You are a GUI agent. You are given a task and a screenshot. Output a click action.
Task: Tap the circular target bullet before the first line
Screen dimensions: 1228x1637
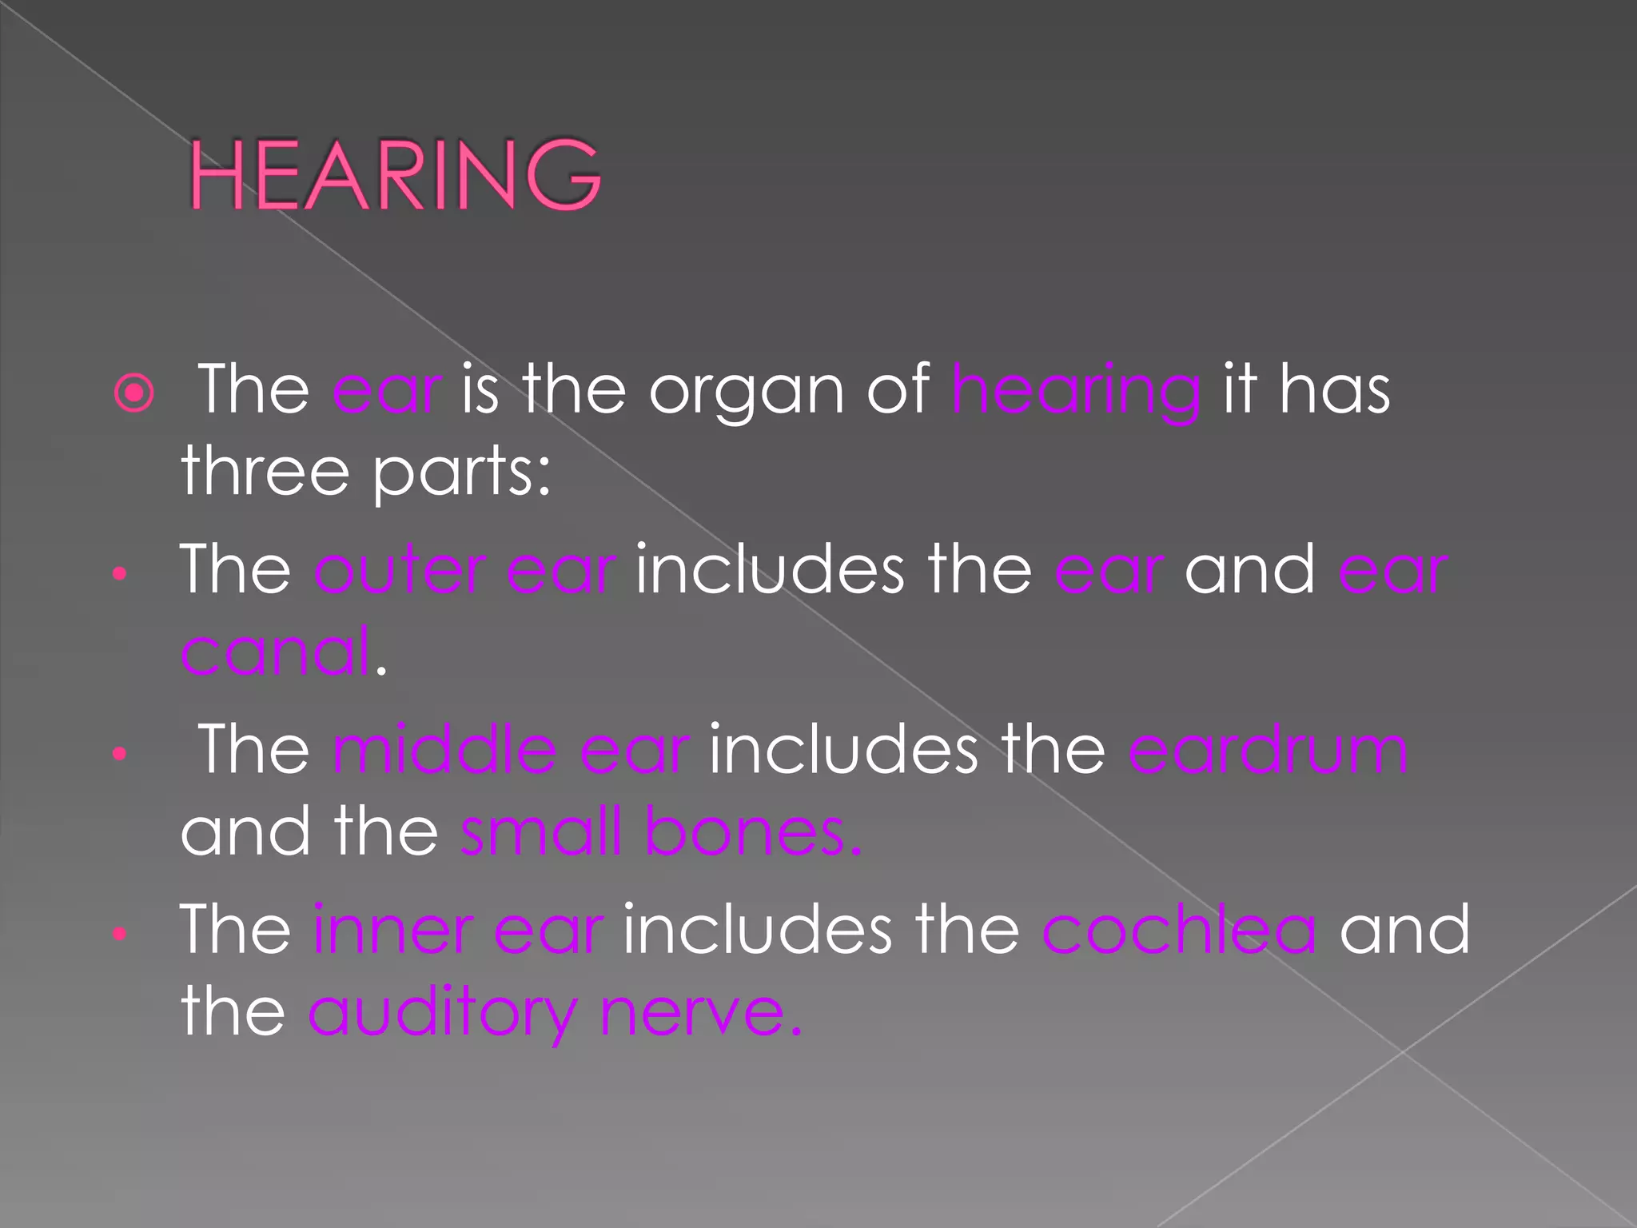point(134,392)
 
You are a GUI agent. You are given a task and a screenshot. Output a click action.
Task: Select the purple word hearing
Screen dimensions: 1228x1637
point(1075,392)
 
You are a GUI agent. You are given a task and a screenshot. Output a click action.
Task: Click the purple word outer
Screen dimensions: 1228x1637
point(400,570)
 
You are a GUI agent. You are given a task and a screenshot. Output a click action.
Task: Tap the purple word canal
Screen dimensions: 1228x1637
point(276,652)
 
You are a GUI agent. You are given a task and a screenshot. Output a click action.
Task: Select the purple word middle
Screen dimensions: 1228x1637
point(444,750)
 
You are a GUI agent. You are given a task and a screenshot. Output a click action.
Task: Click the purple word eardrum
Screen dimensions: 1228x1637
point(1269,750)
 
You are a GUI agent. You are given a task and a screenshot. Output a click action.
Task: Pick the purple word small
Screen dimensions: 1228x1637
point(541,831)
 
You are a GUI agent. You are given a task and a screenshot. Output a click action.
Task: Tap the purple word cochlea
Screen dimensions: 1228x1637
point(1179,930)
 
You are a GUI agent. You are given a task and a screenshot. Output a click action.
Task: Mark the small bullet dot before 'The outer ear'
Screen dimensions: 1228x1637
point(120,573)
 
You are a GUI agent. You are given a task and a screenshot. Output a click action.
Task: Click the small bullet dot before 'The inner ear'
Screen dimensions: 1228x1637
point(120,933)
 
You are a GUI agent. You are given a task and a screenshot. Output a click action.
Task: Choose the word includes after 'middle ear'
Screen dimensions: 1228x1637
point(843,750)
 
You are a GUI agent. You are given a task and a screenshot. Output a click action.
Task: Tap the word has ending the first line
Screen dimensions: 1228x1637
point(1334,392)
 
